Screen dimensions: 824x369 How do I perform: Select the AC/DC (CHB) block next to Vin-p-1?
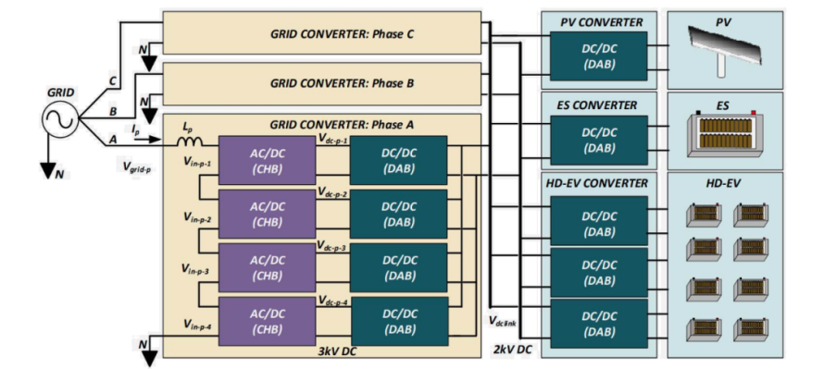267,160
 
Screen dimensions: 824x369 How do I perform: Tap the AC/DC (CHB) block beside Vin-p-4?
267,322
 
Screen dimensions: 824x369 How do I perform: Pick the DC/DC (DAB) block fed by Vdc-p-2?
399,215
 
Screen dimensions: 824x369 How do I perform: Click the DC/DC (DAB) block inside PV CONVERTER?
598,56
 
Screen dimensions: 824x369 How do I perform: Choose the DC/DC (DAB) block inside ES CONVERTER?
598,141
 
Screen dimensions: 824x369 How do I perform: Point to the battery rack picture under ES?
725,135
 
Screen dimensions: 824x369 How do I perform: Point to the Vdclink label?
503,322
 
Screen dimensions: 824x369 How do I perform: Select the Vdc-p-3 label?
332,245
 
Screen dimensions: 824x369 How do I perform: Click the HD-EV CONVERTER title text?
597,183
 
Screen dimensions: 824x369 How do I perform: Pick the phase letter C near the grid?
112,82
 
